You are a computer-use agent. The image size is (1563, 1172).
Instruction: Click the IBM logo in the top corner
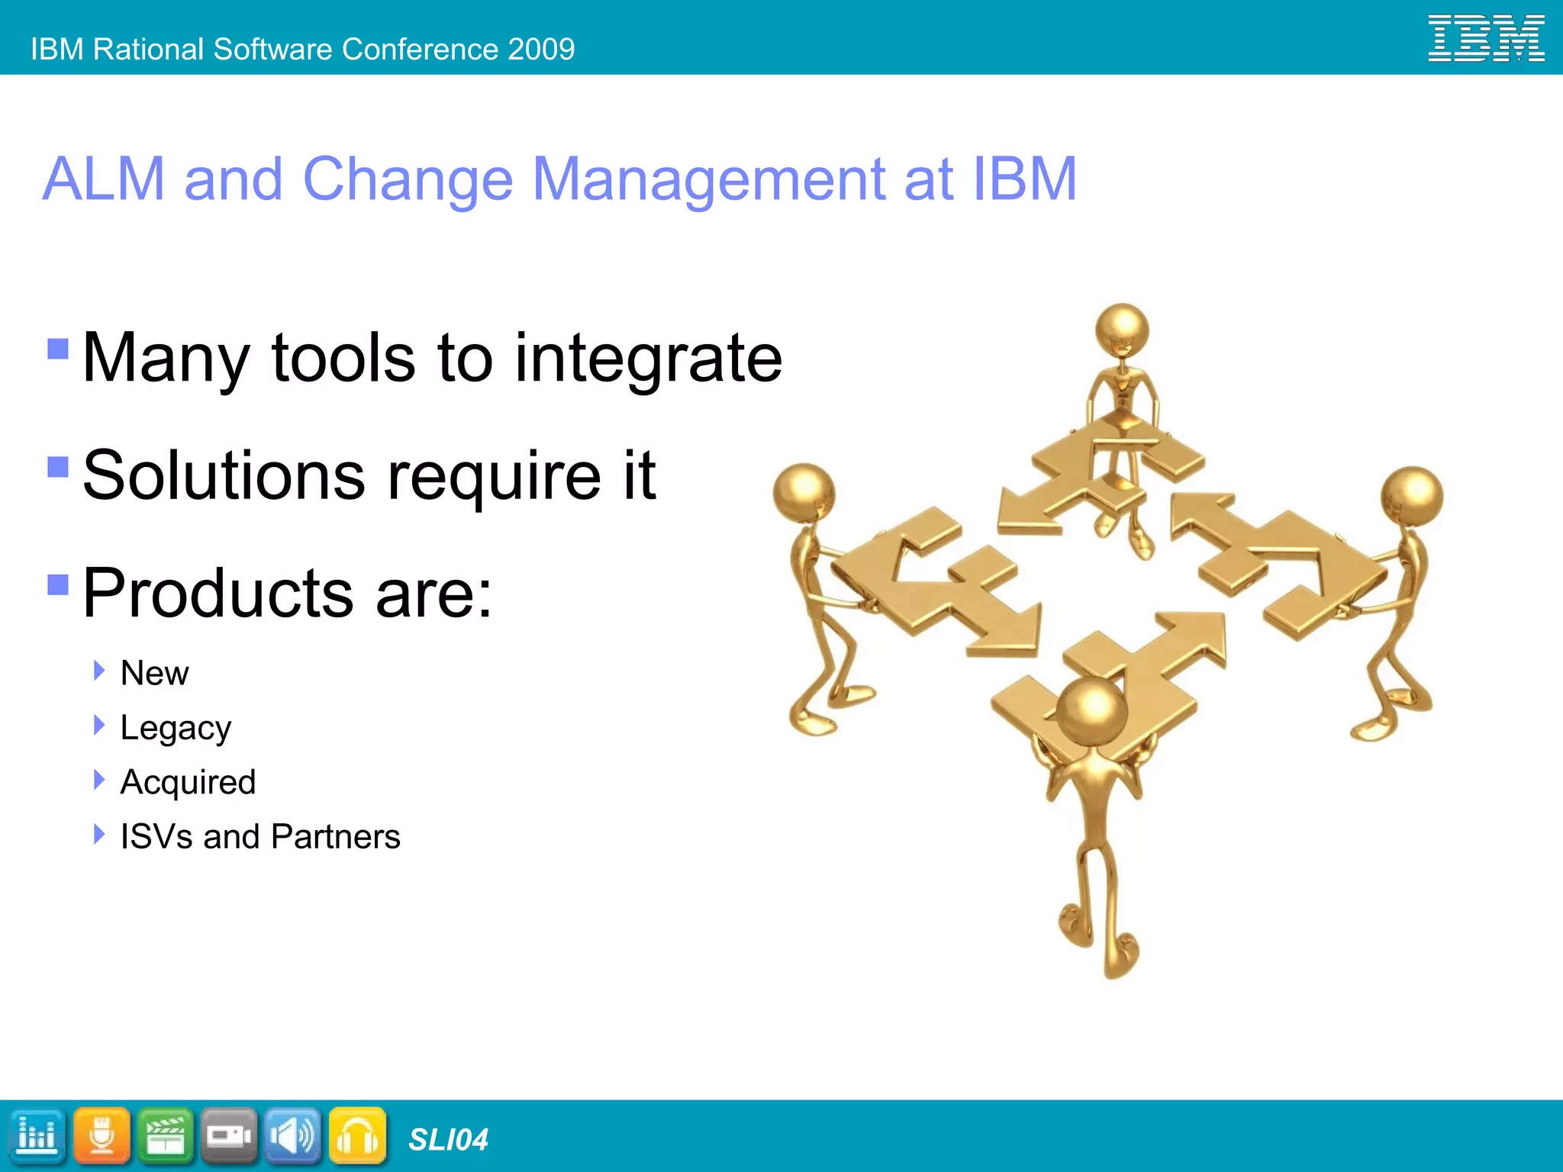1485,38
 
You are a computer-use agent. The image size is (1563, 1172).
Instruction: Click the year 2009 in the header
541,50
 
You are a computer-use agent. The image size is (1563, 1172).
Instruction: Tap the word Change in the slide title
408,179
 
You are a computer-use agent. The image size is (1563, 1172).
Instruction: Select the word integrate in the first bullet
648,359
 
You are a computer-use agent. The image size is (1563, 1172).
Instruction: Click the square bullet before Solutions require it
58,466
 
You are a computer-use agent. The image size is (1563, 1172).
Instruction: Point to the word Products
218,593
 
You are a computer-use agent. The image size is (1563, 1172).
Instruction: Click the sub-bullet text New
154,673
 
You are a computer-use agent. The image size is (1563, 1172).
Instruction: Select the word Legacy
176,728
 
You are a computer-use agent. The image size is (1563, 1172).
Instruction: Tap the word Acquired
188,782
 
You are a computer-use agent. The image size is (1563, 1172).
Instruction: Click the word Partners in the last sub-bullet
335,836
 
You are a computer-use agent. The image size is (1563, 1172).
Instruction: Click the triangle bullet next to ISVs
98,834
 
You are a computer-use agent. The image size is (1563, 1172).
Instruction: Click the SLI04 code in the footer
448,1139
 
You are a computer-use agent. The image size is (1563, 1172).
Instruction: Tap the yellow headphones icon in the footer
357,1136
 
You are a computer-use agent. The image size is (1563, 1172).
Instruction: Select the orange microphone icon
102,1136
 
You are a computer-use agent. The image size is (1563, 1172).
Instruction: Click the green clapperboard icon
166,1136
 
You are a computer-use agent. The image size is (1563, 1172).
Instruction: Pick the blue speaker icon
293,1136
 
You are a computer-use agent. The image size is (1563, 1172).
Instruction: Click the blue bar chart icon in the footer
37,1136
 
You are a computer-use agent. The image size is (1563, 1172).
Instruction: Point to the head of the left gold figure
803,492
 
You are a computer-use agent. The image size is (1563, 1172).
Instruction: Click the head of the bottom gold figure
1092,712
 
